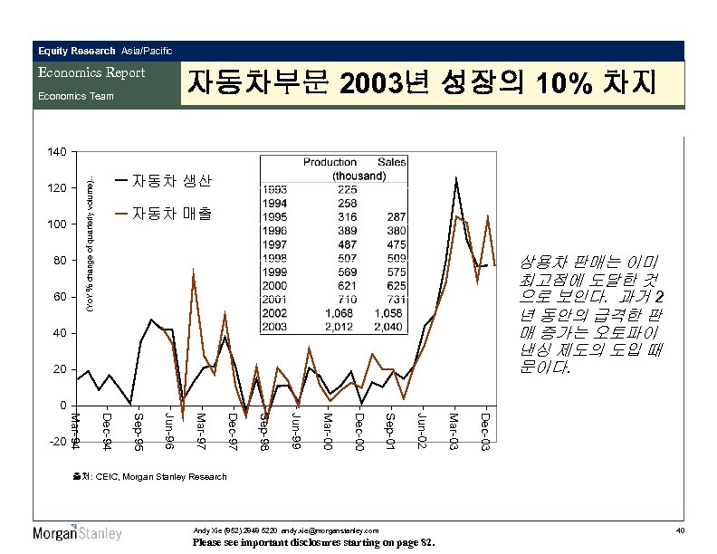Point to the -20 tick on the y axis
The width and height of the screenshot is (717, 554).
[x=55, y=442]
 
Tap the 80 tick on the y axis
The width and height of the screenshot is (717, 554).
[x=58, y=261]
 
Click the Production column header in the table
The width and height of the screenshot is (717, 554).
[x=330, y=161]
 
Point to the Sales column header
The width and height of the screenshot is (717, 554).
[x=391, y=161]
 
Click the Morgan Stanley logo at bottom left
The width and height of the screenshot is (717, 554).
[x=78, y=533]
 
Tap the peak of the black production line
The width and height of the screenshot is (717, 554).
[x=456, y=178]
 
